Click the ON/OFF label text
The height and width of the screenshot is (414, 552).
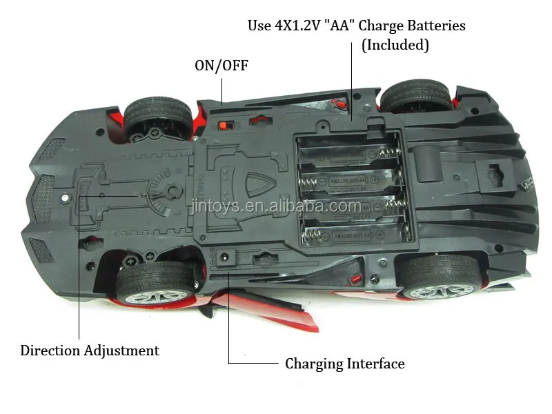(x=221, y=66)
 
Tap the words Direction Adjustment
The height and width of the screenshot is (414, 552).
(x=90, y=351)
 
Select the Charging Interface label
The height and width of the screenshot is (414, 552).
(x=345, y=364)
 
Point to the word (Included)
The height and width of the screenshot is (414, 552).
(x=395, y=46)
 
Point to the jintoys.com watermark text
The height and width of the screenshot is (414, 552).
(x=276, y=206)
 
